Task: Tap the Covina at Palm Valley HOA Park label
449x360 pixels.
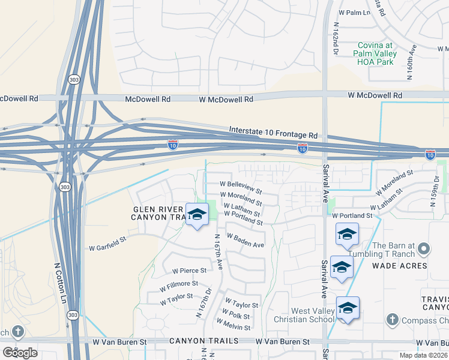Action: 384,53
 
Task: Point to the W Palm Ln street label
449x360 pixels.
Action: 354,12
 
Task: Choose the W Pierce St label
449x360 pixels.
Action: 189,271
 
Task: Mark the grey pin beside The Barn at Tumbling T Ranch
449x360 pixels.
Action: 424,248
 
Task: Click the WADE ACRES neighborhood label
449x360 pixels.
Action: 400,265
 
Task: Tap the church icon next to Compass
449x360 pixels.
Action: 392,319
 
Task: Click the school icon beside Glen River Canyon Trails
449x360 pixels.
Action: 196,214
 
